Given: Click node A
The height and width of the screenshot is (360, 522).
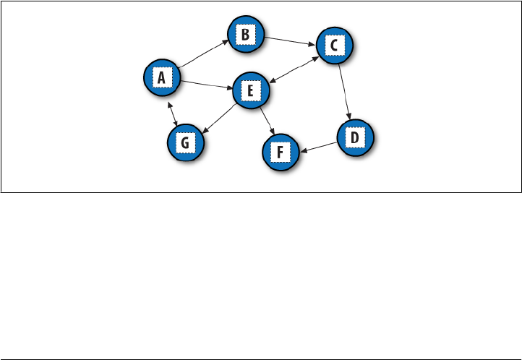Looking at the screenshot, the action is [163, 77].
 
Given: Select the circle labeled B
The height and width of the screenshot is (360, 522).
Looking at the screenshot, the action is [245, 34].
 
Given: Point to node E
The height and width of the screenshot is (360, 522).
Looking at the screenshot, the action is [250, 91].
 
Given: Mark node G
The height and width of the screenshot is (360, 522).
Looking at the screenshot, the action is [185, 142].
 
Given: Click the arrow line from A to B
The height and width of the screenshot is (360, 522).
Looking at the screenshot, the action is [203, 54].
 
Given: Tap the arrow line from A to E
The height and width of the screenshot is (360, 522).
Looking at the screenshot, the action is [206, 85].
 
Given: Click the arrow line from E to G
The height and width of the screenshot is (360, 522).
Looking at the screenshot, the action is [218, 118].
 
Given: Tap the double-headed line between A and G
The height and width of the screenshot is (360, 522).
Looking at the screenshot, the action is [173, 113].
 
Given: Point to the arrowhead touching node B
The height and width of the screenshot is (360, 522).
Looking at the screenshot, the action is [226, 42].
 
